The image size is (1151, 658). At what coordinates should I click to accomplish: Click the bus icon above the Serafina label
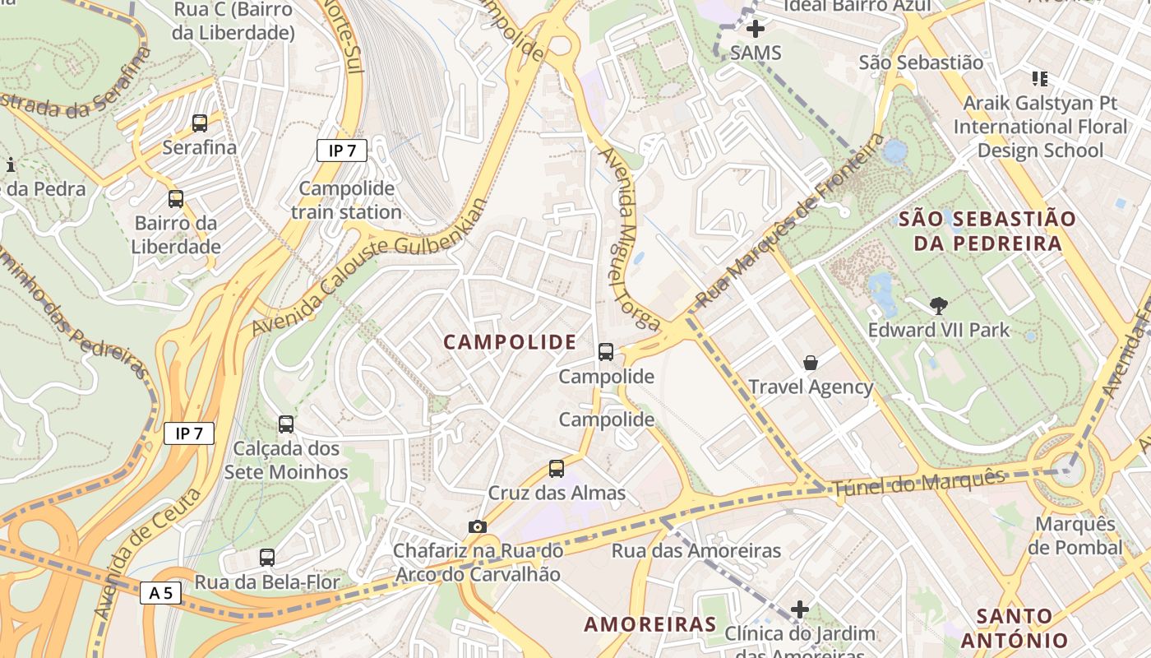[200, 123]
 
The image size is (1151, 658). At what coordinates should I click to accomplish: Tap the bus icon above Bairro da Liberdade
[176, 198]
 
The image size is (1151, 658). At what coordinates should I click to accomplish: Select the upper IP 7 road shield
[341, 151]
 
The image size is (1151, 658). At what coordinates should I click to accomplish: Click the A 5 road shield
[160, 593]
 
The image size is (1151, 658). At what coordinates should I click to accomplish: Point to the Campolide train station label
[346, 200]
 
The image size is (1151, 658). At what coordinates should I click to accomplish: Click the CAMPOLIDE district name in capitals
[510, 342]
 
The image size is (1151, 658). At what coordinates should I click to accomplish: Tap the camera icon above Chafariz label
[477, 526]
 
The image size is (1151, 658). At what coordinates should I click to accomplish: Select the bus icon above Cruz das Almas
[557, 469]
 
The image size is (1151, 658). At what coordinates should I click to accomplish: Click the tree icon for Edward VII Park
[938, 306]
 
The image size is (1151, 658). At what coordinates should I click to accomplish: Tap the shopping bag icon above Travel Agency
[811, 362]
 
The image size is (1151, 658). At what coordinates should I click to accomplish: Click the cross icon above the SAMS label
[756, 29]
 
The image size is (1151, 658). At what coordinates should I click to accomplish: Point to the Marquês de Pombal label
[1075, 535]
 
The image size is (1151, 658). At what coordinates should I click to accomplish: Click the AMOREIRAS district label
[650, 624]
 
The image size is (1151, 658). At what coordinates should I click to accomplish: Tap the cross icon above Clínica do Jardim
[799, 609]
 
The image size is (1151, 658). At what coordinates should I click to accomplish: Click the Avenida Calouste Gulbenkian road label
[370, 267]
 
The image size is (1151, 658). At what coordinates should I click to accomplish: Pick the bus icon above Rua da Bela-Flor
[266, 558]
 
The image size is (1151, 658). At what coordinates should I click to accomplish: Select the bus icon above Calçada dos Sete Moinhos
[286, 424]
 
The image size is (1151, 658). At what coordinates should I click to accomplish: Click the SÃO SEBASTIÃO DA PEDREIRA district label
[987, 231]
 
